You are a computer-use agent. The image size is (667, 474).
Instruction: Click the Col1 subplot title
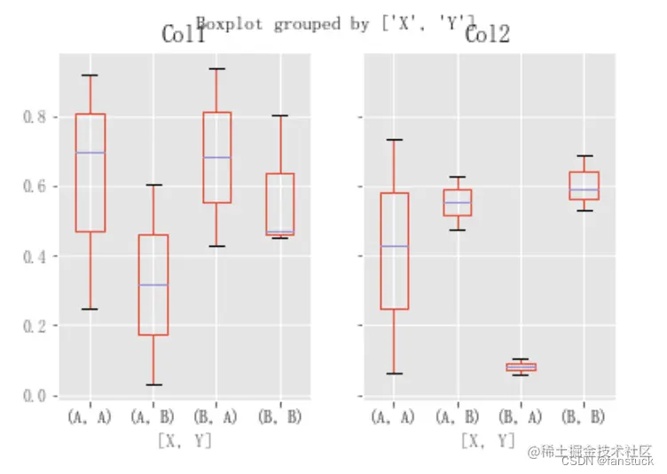184,36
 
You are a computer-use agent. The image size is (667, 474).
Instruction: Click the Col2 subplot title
488,36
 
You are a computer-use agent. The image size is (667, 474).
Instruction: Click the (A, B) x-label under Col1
153,416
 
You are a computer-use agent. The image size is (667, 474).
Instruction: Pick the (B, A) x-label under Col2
521,416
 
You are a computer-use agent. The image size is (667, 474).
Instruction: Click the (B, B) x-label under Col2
584,416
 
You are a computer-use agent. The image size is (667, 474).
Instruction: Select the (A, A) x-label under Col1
90,416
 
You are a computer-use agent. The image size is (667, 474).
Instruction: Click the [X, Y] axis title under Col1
184,439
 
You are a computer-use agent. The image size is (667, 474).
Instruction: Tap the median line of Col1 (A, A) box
90,153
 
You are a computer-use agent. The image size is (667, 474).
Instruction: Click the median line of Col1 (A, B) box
153,285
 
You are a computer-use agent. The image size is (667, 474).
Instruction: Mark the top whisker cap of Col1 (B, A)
217,68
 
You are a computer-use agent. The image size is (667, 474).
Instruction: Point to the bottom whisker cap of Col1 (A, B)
153,384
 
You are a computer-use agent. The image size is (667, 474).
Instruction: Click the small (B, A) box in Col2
522,367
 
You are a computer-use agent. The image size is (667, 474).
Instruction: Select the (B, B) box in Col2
585,186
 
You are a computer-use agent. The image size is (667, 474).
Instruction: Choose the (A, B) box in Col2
458,202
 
